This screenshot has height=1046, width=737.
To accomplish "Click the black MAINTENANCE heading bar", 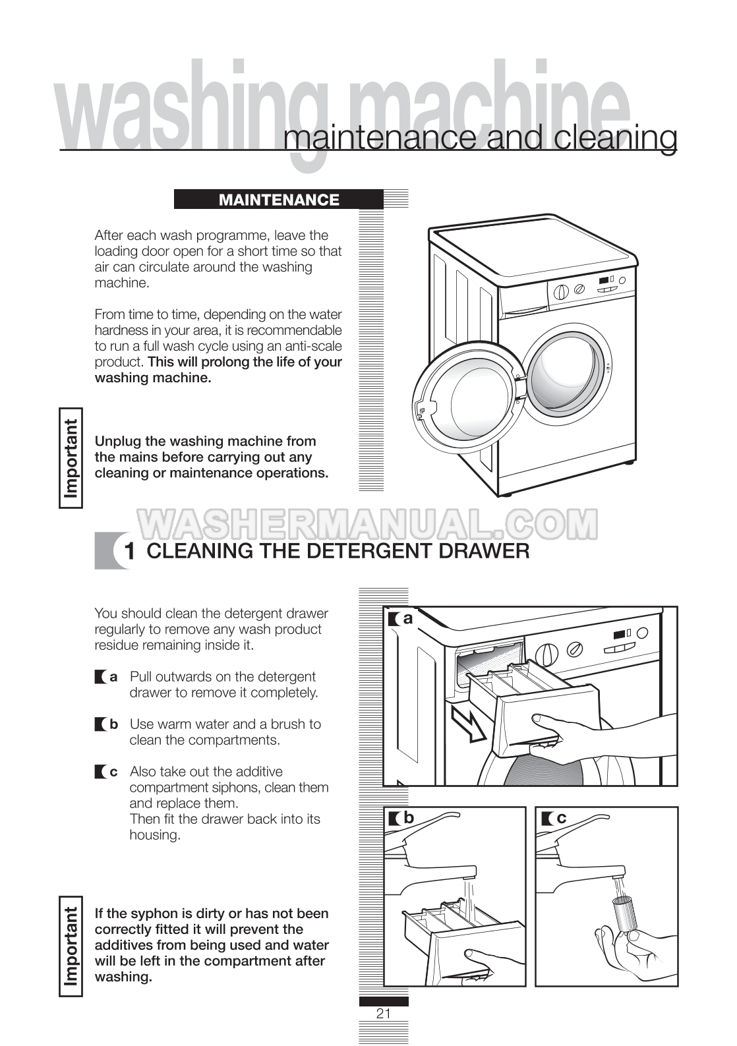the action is tap(278, 200).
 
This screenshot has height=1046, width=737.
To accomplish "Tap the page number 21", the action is tap(384, 1013).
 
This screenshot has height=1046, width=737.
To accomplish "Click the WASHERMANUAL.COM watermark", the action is tap(368, 523).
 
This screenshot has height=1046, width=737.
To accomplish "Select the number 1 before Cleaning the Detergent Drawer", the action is tap(130, 552).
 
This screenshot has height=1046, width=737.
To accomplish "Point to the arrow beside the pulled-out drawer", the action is tap(469, 723).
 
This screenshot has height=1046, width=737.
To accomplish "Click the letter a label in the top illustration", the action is tap(408, 619).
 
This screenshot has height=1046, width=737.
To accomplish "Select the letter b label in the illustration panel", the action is tap(409, 818).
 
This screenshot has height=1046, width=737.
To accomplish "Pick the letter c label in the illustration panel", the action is tap(561, 818).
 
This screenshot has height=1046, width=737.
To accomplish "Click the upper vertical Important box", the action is tap(71, 457).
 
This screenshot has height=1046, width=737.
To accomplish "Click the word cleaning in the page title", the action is tap(616, 138).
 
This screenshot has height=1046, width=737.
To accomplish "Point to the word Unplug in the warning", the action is tap(118, 442).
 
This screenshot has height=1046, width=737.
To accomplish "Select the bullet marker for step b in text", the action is tap(101, 724).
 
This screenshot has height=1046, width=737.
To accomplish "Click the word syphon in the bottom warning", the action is tap(150, 914).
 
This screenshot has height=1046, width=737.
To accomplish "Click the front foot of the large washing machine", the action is tap(506, 494).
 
